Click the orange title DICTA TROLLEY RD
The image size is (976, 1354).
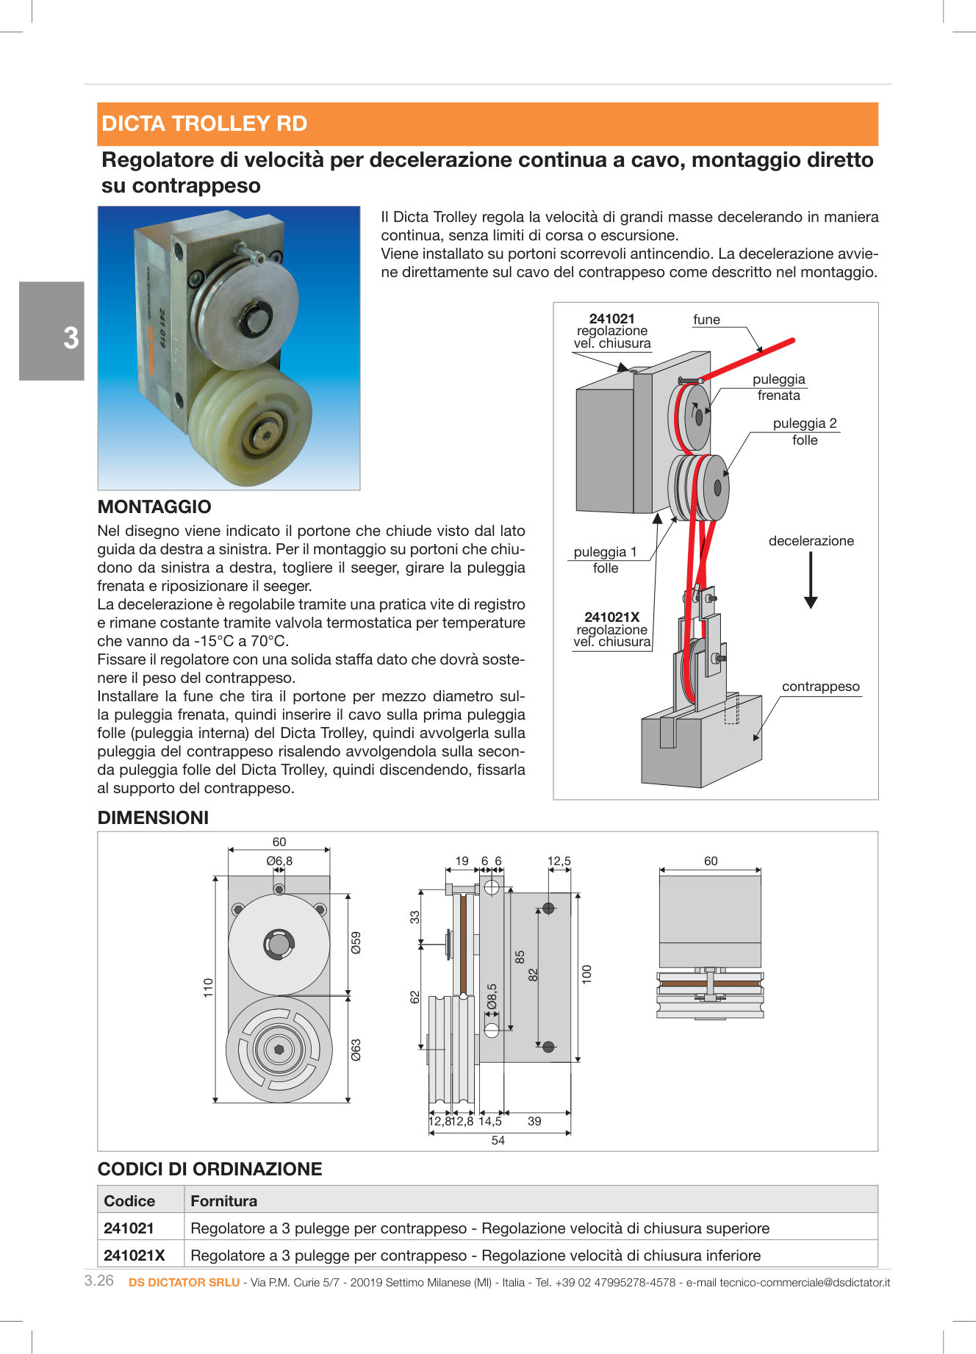(x=204, y=123)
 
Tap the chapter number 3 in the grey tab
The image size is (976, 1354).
(x=71, y=338)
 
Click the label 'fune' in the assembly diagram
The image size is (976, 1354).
(x=706, y=320)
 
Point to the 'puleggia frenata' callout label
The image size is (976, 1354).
(x=778, y=387)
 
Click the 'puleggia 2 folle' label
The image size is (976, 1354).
(x=805, y=431)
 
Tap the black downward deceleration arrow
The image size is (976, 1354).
(x=811, y=581)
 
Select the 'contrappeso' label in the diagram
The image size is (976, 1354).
(x=820, y=687)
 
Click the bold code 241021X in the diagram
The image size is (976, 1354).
(x=611, y=617)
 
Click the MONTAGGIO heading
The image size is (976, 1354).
(x=154, y=506)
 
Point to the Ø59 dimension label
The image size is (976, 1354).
(x=356, y=942)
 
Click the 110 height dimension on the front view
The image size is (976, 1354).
(x=208, y=987)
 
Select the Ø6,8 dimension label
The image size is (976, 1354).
(x=279, y=861)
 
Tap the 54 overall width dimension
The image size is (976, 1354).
(x=498, y=1140)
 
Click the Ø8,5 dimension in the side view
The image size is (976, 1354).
(x=492, y=997)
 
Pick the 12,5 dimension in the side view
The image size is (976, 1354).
(x=559, y=861)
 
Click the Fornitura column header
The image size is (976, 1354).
(x=223, y=1201)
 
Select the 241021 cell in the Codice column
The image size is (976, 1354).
(x=129, y=1228)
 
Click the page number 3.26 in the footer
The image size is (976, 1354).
(x=99, y=1280)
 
